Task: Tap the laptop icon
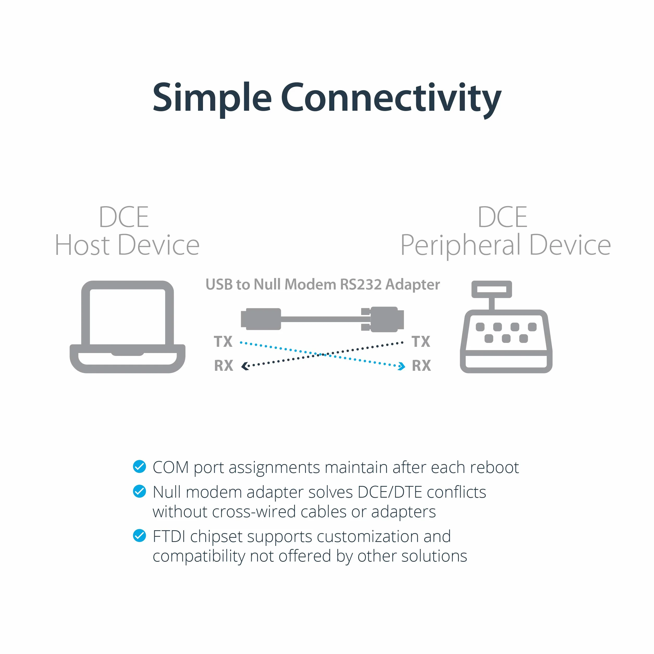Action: click(127, 327)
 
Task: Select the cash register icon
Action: click(506, 327)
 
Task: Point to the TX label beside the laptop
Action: click(223, 341)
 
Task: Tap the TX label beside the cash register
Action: click(421, 341)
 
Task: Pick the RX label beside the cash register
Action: click(421, 366)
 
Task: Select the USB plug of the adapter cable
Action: click(261, 319)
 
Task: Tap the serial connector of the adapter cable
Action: click(382, 319)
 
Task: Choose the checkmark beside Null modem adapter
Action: click(139, 491)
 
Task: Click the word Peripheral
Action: click(461, 246)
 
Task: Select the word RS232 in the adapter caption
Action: click(361, 284)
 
